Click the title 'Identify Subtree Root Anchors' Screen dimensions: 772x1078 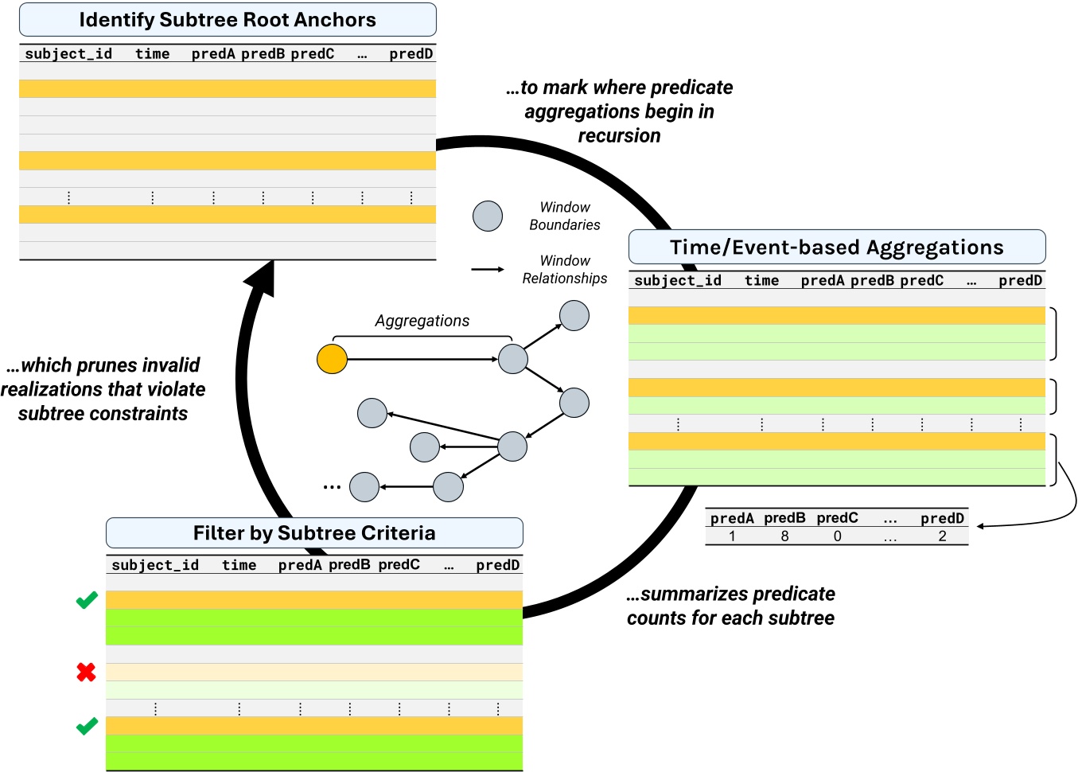tap(228, 20)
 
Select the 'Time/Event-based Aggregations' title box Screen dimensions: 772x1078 tap(836, 248)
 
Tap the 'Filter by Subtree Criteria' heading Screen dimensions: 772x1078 tap(314, 533)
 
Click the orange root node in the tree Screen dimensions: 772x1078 tap(332, 359)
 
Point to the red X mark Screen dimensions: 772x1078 tap(86, 673)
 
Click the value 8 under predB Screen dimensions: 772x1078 tap(784, 536)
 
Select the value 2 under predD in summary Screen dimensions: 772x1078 tap(942, 536)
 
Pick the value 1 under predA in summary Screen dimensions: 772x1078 tap(732, 536)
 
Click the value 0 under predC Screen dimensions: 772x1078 tap(837, 536)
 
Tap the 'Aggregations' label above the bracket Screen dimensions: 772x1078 tap(422, 321)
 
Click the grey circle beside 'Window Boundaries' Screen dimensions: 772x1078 tap(488, 216)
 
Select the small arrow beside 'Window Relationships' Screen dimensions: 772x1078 tap(488, 270)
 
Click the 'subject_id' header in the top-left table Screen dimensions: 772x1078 tap(68, 54)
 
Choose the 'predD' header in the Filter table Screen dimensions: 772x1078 tap(497, 565)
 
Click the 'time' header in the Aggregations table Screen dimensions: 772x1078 tap(761, 281)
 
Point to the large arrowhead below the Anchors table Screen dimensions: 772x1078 tap(260, 279)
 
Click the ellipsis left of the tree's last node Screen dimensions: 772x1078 tap(332, 486)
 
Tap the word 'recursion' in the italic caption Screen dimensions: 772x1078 tap(619, 136)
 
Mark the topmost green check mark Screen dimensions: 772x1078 tap(87, 600)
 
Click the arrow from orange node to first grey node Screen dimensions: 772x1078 tap(422, 360)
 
